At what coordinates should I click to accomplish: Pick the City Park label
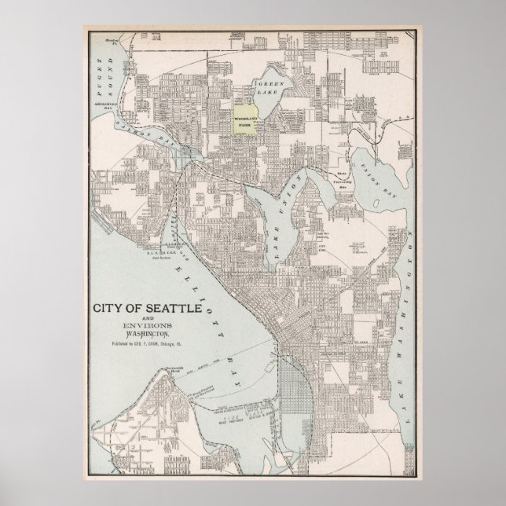coord(322,244)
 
